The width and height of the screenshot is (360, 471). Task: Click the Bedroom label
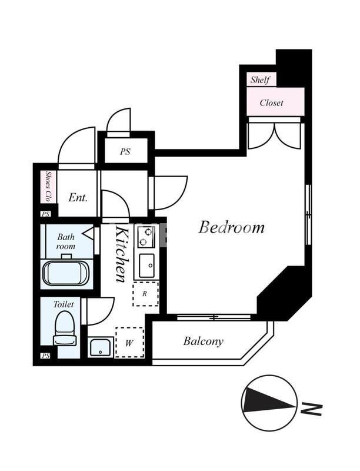tap(231, 227)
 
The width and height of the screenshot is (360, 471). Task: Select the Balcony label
tap(203, 341)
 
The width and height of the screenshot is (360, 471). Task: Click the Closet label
tap(271, 102)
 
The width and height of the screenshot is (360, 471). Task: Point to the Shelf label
tap(259, 79)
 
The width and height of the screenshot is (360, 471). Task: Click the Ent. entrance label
tap(78, 198)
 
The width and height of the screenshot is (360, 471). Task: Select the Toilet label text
tap(64, 304)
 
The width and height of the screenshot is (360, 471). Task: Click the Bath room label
tap(65, 241)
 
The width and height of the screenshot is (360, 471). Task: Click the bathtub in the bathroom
tap(65, 274)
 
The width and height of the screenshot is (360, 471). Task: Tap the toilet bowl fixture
tap(64, 328)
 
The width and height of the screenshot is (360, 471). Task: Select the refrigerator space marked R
tap(145, 294)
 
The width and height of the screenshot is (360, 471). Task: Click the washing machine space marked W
tap(129, 343)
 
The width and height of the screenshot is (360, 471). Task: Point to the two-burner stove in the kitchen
tap(145, 237)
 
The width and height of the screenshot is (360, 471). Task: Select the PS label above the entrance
tap(125, 151)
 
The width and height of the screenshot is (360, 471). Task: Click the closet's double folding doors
tap(274, 134)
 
